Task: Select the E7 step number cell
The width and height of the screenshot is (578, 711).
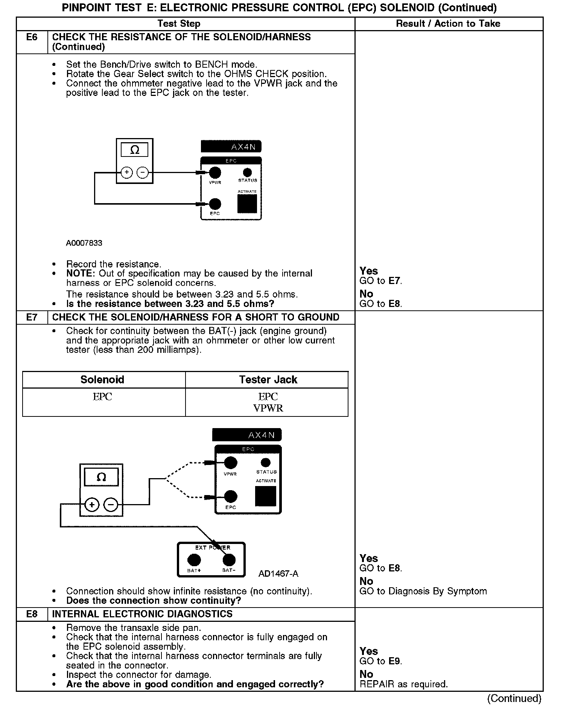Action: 32,317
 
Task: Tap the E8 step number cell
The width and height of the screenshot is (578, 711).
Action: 32,614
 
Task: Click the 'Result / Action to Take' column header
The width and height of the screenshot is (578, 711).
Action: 448,24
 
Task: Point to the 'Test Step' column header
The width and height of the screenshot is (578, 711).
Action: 179,24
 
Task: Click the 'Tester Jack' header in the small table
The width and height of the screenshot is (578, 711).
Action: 268,380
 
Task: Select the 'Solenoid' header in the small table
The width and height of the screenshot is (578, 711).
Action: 102,380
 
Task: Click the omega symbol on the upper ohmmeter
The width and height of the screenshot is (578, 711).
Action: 134,150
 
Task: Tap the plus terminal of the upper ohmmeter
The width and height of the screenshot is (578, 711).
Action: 127,173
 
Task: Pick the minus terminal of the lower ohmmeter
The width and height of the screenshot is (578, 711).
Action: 110,505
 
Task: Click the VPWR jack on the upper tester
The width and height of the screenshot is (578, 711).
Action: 214,173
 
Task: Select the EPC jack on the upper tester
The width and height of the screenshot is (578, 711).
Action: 214,204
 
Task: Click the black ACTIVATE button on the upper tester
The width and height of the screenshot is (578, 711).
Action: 247,204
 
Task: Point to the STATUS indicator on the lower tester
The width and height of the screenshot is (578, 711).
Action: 266,462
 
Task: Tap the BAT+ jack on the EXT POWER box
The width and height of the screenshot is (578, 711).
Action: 194,560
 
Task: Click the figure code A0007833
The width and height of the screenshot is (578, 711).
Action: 84,243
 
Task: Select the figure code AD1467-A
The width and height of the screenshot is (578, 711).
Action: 278,574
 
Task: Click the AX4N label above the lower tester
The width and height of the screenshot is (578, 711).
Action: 261,435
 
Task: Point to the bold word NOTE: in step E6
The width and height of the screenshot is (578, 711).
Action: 81,273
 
